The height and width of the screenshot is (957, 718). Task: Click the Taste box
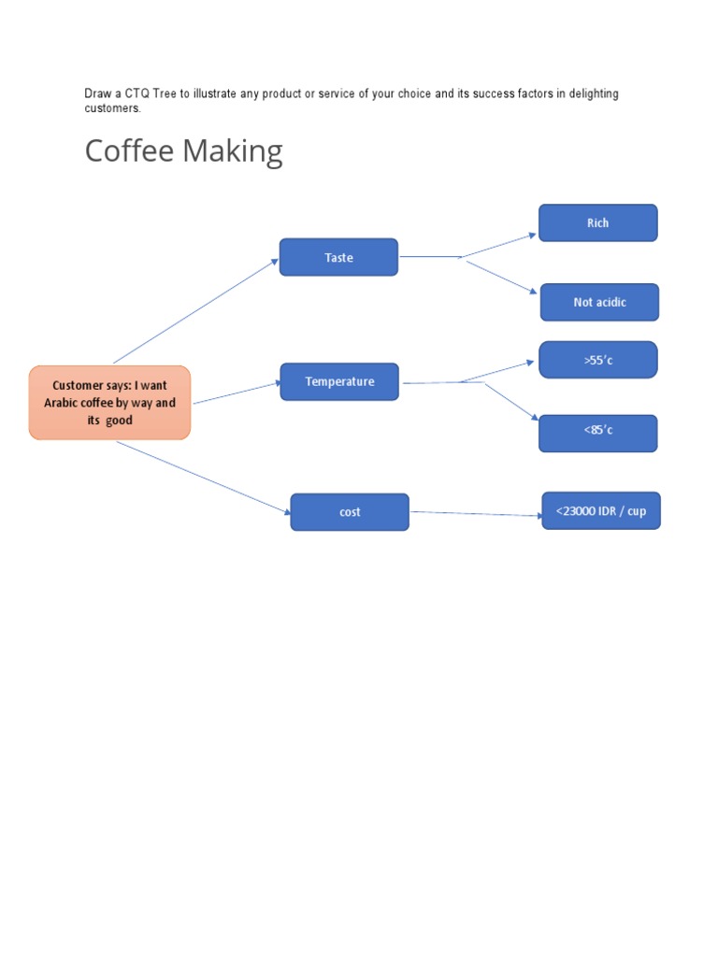(x=338, y=257)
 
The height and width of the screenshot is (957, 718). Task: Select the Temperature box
(x=339, y=381)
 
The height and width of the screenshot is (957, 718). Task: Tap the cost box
(x=350, y=512)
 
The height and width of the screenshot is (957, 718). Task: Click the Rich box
(x=597, y=222)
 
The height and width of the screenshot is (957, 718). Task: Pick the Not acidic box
(x=599, y=302)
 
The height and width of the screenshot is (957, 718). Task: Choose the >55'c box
(x=597, y=360)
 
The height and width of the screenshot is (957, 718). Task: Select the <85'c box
(x=597, y=433)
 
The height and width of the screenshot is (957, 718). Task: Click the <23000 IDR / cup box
(x=601, y=511)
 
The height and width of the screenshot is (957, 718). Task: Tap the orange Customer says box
(x=109, y=403)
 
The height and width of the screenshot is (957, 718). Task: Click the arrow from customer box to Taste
(x=196, y=310)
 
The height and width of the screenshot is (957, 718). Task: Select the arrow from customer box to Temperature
(x=237, y=393)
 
